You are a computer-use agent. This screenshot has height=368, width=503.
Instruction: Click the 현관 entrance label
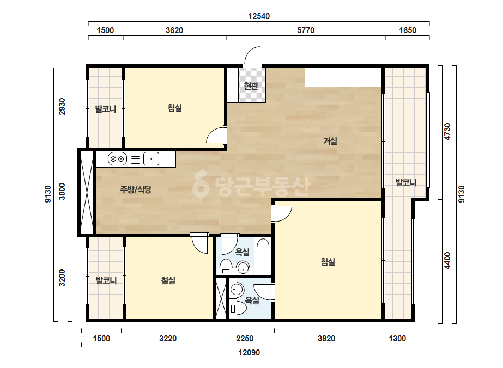pos(251,85)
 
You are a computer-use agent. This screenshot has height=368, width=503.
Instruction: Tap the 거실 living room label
pos(330,141)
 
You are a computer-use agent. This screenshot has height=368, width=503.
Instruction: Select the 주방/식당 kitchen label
pos(136,189)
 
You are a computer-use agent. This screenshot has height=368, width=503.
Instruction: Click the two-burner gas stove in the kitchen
pos(117,158)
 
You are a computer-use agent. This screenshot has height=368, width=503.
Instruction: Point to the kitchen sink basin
pos(151,158)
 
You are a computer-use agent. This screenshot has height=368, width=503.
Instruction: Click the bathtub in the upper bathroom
pos(263,255)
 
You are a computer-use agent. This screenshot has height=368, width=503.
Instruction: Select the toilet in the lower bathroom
pos(238,308)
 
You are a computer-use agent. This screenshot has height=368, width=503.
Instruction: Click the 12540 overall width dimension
pos(259,16)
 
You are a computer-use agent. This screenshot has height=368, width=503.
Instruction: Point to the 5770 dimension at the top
pos(306,30)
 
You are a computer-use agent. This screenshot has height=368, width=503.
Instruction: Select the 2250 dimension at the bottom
pos(245,339)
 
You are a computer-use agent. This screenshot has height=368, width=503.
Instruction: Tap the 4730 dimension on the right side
pos(447,132)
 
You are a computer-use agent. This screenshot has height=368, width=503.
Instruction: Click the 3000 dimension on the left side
pos(62,192)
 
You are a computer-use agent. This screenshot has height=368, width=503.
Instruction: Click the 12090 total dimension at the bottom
pos(249,353)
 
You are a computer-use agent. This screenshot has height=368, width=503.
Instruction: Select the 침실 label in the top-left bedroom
pos(175,107)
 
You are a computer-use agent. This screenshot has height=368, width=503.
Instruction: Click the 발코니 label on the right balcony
pos(406,182)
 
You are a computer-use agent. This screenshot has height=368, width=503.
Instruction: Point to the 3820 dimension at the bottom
pos(326,339)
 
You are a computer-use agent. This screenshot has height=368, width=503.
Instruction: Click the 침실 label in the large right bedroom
pos(328,262)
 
